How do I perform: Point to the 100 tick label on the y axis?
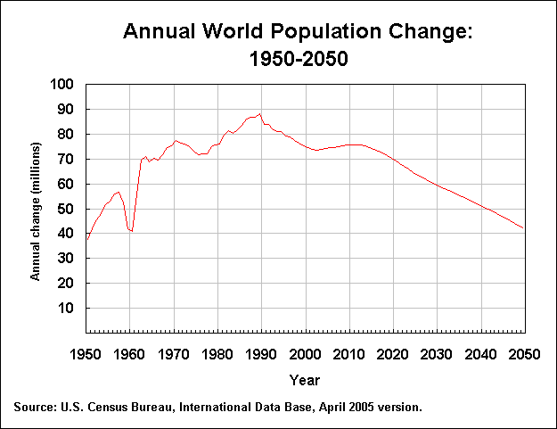coord(64,85)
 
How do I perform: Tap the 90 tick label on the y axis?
coord(68,110)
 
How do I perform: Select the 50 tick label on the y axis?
coord(68,209)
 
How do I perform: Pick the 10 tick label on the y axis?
coord(68,309)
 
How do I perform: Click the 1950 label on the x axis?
coord(86,353)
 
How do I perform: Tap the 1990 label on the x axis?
coord(261,353)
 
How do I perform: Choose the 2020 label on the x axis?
coord(392,353)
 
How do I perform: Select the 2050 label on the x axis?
coord(523,353)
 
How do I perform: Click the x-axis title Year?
coord(304,381)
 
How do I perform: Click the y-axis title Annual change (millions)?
coord(37,210)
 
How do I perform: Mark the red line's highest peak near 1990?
coord(259,113)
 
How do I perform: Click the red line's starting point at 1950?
coord(86,240)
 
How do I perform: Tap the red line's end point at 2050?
coord(523,228)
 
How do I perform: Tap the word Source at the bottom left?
coord(33,408)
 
